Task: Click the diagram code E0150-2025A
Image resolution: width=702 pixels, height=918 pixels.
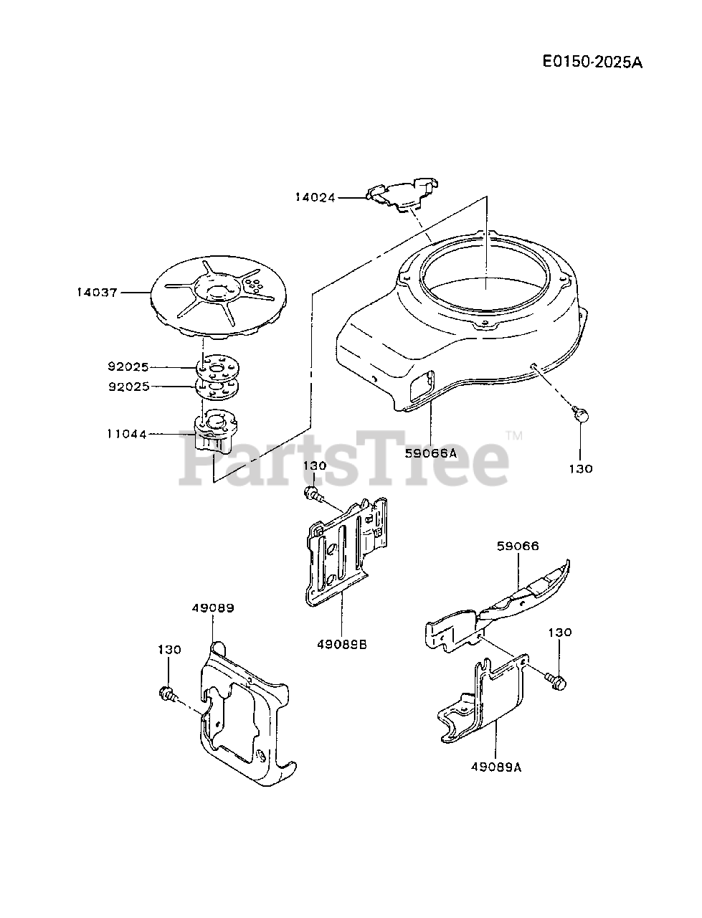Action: pyautogui.click(x=592, y=62)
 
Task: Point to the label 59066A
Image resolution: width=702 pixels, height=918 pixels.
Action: pyautogui.click(x=430, y=453)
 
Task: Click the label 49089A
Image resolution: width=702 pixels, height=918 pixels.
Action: pyautogui.click(x=496, y=767)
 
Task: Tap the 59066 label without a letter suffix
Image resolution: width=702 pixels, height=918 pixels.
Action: pyautogui.click(x=517, y=546)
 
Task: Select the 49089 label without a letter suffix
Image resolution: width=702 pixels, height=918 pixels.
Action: pyautogui.click(x=213, y=607)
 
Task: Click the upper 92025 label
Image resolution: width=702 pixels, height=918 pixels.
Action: pyautogui.click(x=130, y=367)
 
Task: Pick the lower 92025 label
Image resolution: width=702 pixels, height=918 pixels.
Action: pyautogui.click(x=130, y=387)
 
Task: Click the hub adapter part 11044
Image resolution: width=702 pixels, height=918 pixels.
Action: pyautogui.click(x=216, y=430)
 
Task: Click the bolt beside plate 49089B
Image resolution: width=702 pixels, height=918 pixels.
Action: pyautogui.click(x=313, y=493)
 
